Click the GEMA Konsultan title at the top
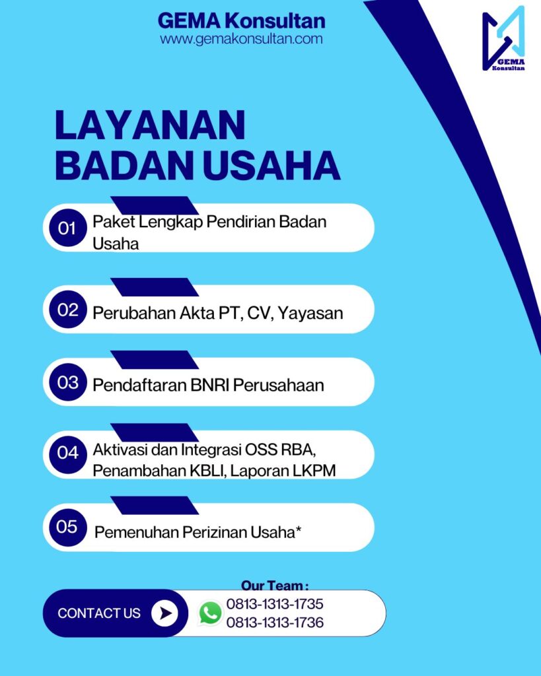click(241, 20)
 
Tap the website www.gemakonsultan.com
click(241, 39)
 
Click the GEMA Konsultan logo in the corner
click(503, 38)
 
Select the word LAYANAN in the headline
click(150, 125)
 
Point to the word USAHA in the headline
click(271, 166)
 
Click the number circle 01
click(68, 228)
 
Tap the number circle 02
click(68, 309)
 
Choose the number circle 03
click(68, 382)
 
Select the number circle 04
click(68, 453)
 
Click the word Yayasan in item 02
click(310, 314)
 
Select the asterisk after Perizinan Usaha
click(298, 529)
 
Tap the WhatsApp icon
click(211, 613)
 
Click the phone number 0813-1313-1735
click(275, 604)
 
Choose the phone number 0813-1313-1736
click(275, 623)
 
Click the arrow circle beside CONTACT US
click(164, 613)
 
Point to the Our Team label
click(275, 586)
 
